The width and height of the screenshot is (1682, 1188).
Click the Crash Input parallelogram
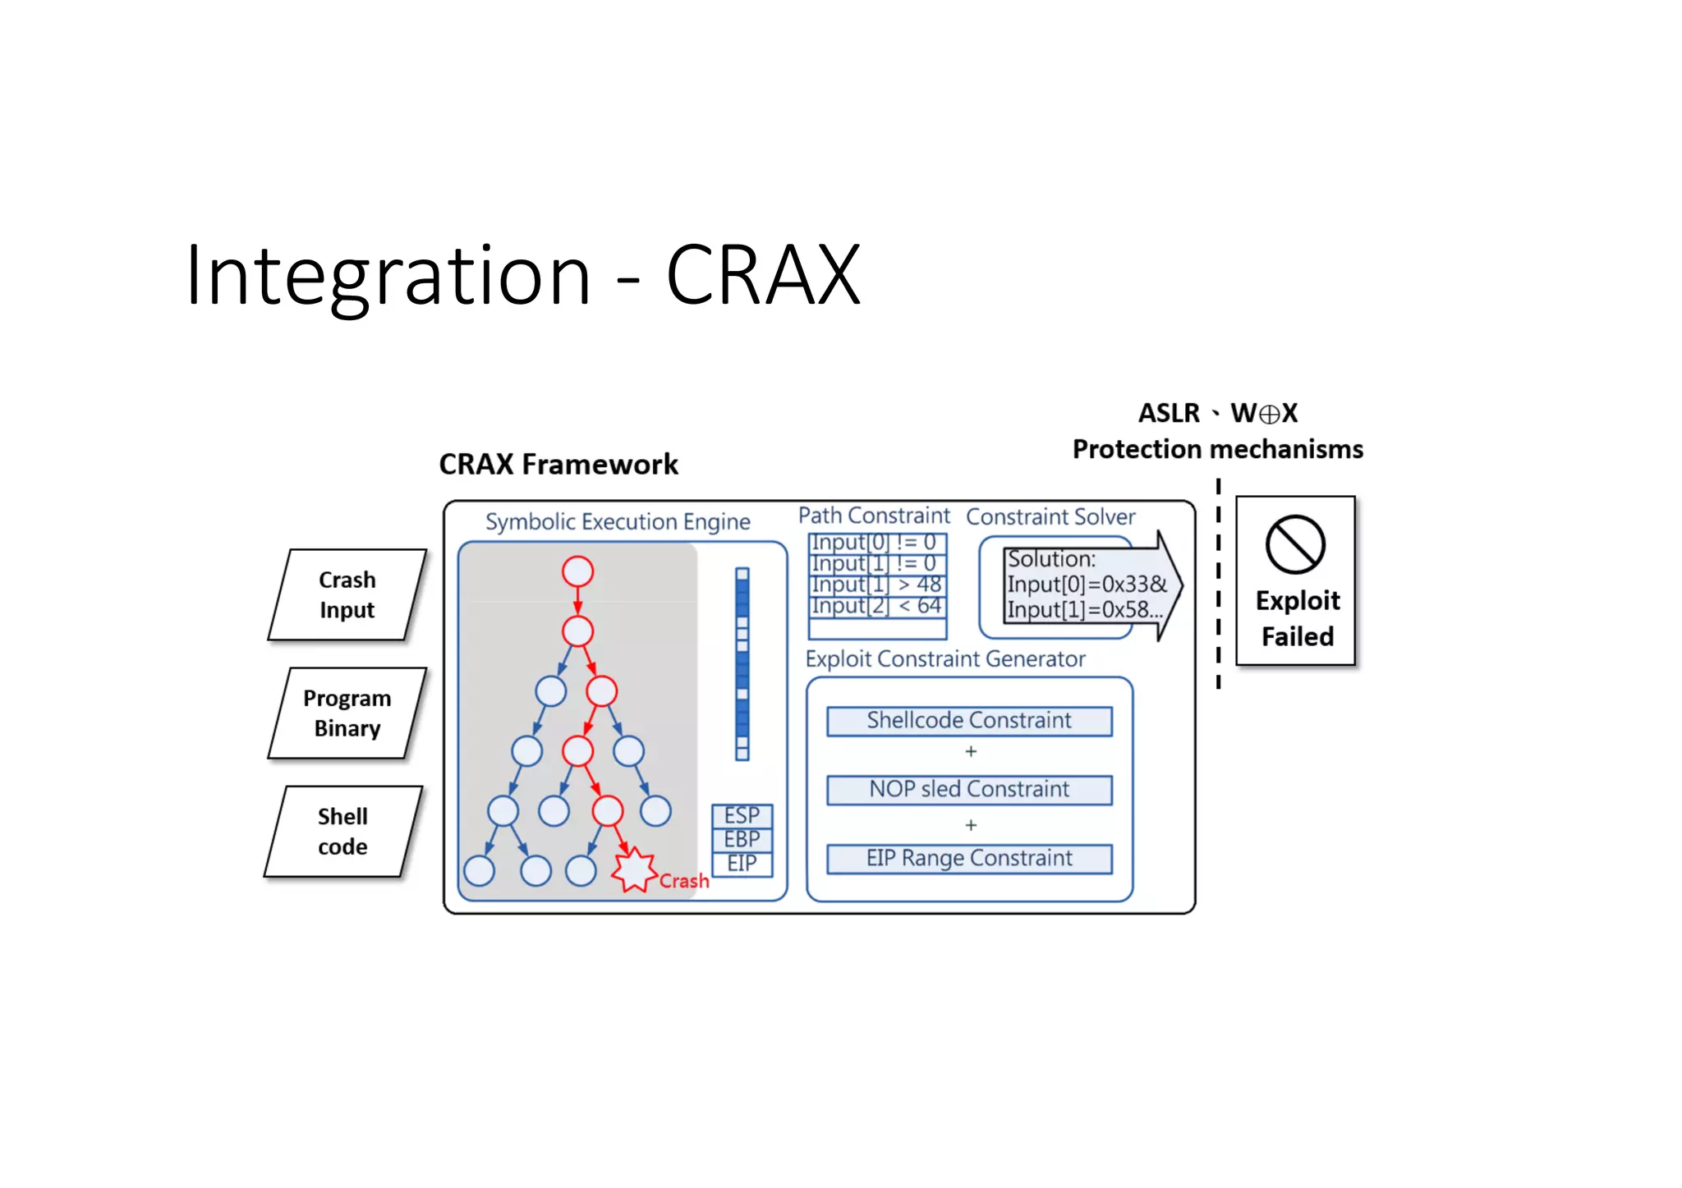pyautogui.click(x=347, y=594)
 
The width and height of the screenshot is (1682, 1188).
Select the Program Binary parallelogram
pyautogui.click(x=347, y=713)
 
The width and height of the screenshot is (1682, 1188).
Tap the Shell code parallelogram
pyautogui.click(x=342, y=831)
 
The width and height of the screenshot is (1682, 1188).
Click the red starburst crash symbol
pyautogui.click(x=634, y=869)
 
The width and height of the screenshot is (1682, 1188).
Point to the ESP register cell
pyautogui.click(x=742, y=815)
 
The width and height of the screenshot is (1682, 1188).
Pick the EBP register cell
pyautogui.click(x=742, y=839)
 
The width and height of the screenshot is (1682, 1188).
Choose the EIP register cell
pyautogui.click(x=742, y=864)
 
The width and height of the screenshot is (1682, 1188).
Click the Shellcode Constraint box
pyautogui.click(x=969, y=721)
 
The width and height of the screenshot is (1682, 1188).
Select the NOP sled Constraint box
pyautogui.click(x=969, y=790)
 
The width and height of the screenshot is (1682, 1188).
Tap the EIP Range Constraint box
pyautogui.click(x=969, y=859)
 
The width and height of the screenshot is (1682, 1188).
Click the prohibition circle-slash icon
pyautogui.click(x=1295, y=544)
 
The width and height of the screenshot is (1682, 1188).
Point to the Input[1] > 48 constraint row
pyautogui.click(x=876, y=585)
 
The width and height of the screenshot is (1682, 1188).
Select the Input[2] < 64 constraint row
pyautogui.click(x=876, y=606)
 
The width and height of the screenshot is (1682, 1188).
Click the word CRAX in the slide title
pyautogui.click(x=762, y=276)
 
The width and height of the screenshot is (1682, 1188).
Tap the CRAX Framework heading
pyautogui.click(x=558, y=465)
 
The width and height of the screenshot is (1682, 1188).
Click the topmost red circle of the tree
pyautogui.click(x=577, y=571)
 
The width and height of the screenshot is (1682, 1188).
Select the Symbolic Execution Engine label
pyautogui.click(x=618, y=522)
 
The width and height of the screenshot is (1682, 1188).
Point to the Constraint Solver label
pyautogui.click(x=1050, y=517)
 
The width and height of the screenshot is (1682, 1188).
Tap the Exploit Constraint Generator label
pyautogui.click(x=945, y=659)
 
